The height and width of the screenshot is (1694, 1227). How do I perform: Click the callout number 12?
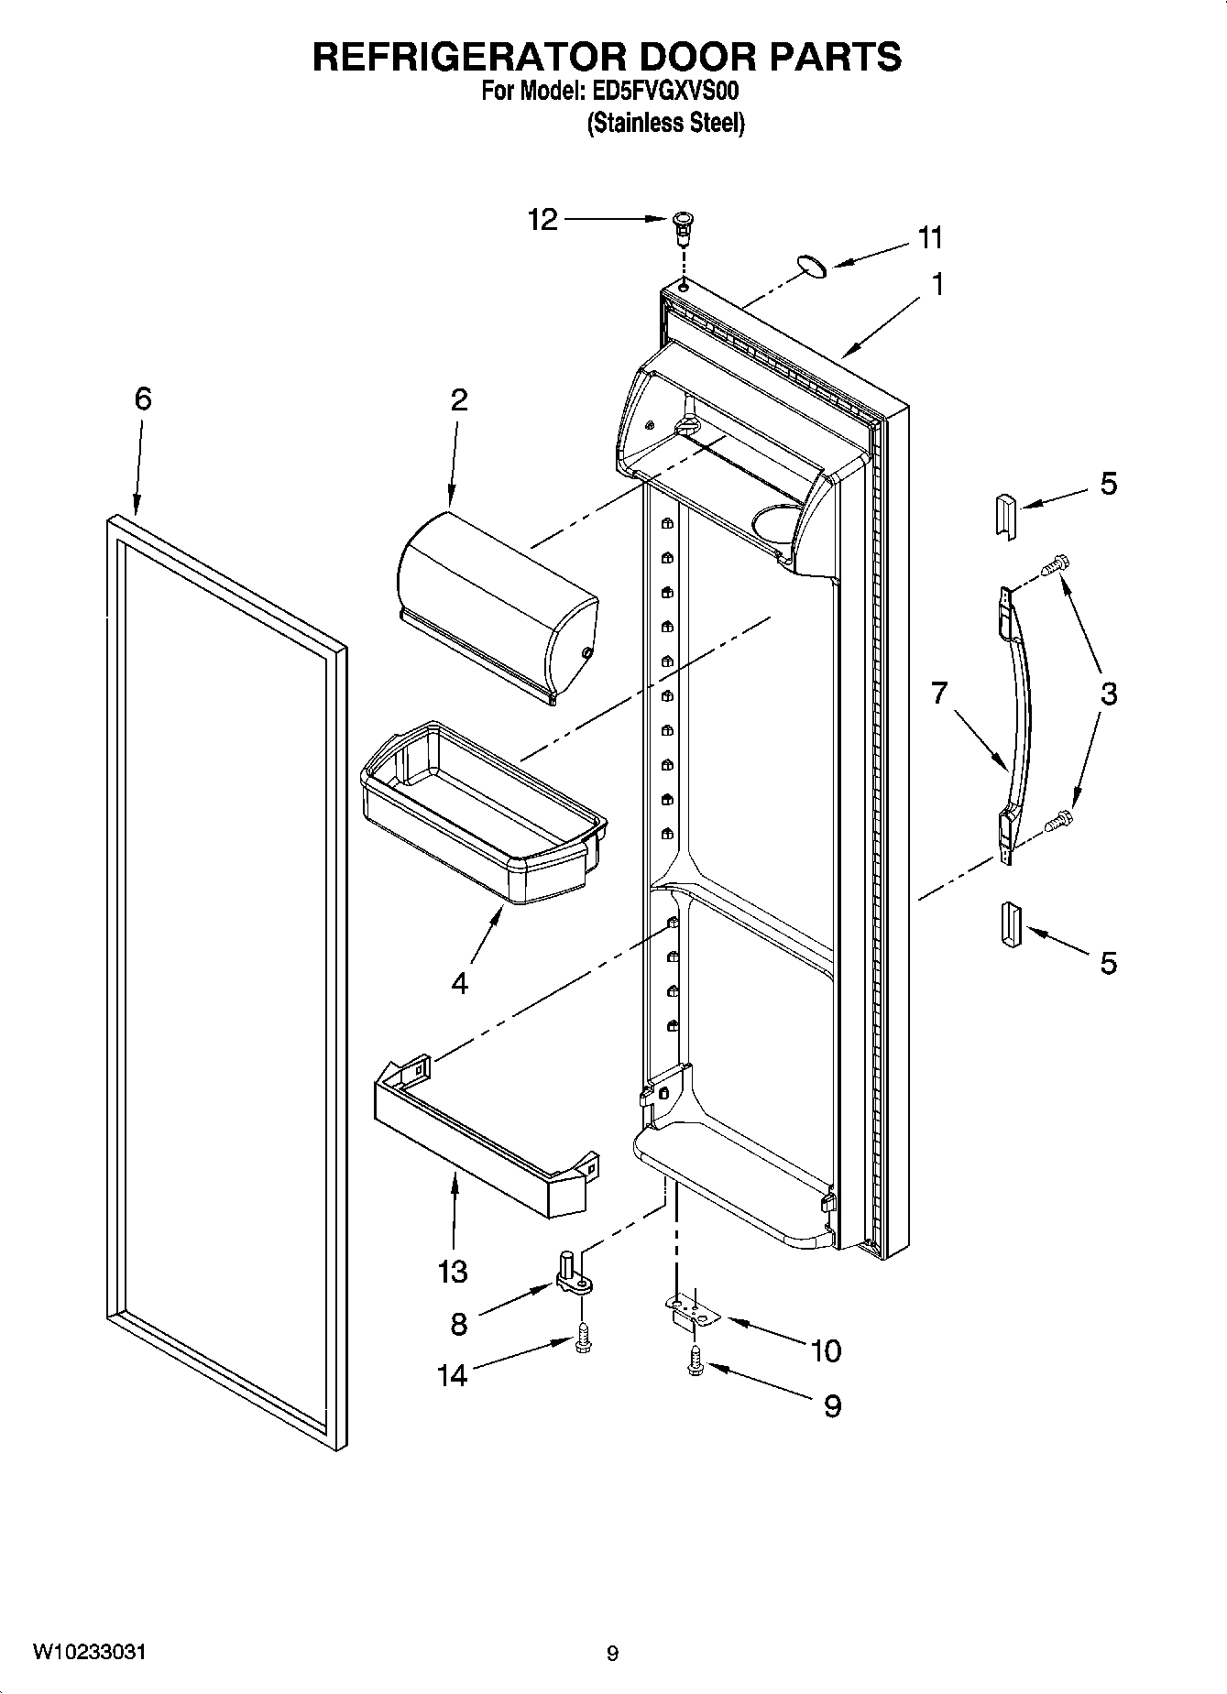coord(542,220)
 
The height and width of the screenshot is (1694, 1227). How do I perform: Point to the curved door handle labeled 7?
coord(1018,715)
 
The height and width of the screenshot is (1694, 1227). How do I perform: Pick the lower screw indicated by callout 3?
coord(1061,820)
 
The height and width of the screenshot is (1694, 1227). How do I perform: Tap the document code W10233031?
coord(89,1652)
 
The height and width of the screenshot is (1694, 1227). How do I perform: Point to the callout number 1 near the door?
coord(937,285)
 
